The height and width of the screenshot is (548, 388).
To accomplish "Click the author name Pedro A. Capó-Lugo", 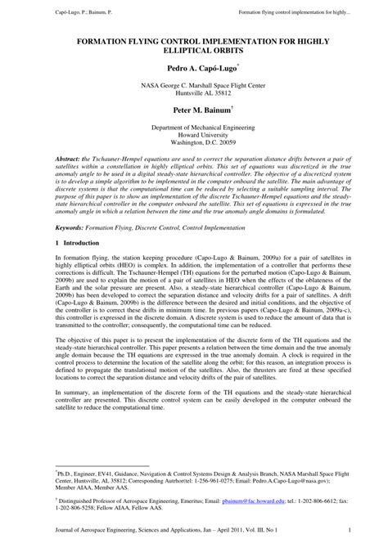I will [192, 71].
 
